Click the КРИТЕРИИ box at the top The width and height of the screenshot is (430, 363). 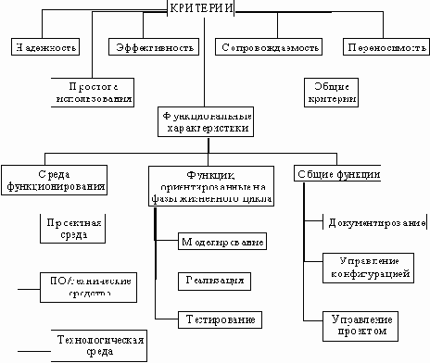click(x=199, y=8)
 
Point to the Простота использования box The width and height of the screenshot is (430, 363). click(x=90, y=89)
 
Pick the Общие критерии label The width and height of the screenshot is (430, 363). click(x=329, y=89)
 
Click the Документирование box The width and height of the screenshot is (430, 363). click(x=375, y=223)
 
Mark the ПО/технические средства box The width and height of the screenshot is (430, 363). click(x=89, y=284)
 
